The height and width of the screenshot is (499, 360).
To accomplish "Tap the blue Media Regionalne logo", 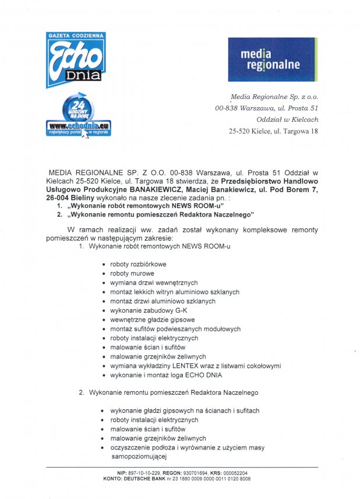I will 272,59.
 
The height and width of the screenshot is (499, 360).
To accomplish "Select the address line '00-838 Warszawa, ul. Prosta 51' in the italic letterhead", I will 267,108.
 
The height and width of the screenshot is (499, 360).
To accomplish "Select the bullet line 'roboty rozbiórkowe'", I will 138,264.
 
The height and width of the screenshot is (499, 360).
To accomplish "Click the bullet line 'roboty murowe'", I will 132,273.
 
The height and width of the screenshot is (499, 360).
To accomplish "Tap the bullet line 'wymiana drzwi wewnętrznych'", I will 154,282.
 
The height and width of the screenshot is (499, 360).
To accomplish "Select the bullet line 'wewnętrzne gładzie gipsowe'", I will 153,320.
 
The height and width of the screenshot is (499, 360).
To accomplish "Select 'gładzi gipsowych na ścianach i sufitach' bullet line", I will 184,410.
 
